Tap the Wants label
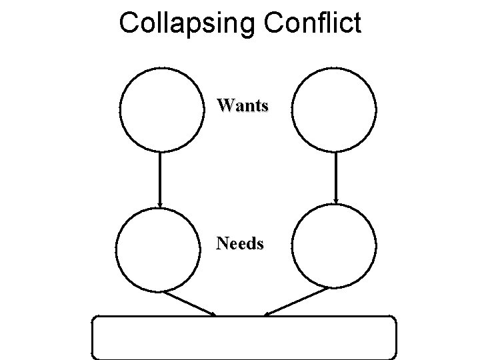click(243, 105)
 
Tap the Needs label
click(240, 244)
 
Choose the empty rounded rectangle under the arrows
click(244, 337)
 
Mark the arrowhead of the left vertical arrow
click(160, 201)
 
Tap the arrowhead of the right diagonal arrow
click(268, 313)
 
